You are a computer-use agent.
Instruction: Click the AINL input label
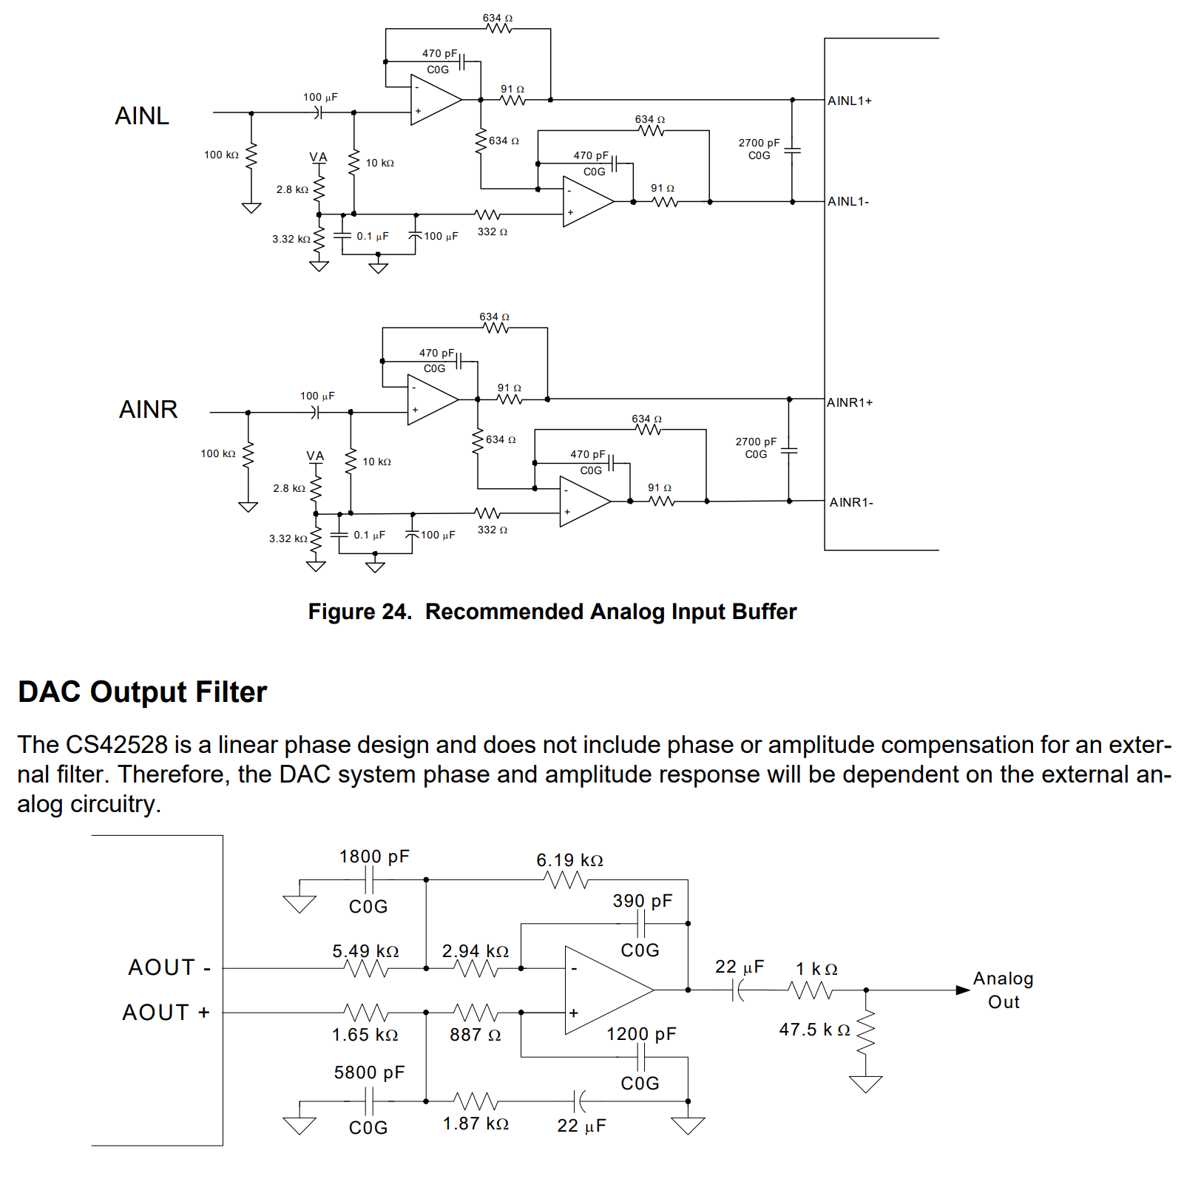pos(142,116)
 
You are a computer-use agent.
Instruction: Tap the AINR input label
pos(148,410)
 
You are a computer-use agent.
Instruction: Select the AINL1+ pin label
pos(849,101)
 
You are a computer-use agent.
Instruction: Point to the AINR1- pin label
pos(850,503)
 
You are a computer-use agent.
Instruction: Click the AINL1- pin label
pos(848,201)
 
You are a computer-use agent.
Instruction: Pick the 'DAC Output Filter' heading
pos(142,692)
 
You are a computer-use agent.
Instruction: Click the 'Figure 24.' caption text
pos(359,612)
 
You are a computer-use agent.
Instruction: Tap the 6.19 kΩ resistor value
pos(569,860)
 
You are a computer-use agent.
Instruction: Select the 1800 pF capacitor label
pos(373,857)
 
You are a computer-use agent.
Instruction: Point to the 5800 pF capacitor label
pos(369,1072)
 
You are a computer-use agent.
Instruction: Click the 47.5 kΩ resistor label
pos(814,1030)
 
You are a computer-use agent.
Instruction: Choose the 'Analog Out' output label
pos(1003,990)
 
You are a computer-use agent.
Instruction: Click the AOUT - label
pos(169,967)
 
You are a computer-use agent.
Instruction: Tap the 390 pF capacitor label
pos(642,901)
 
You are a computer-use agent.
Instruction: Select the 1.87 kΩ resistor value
pos(476,1124)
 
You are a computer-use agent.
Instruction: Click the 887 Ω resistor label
pos(475,1035)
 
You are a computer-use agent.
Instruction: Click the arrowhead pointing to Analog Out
pos(963,990)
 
